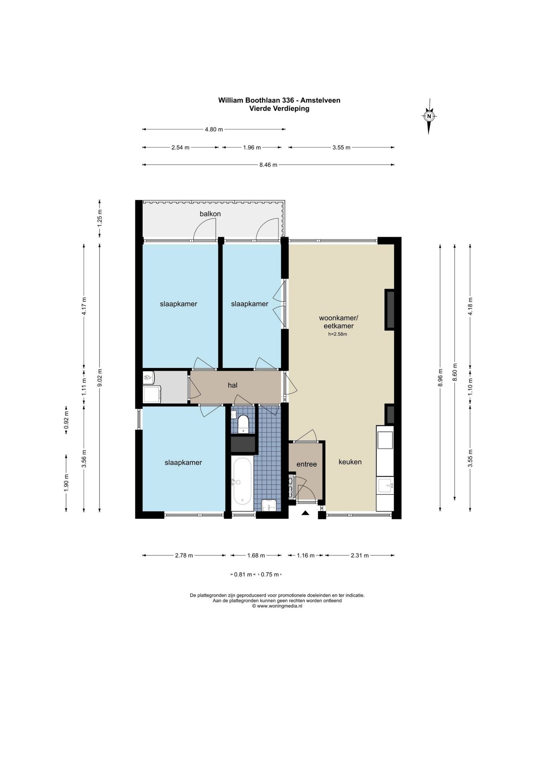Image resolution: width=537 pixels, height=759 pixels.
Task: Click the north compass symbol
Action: (x=429, y=116)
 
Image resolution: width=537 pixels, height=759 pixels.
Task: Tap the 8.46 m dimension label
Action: (x=268, y=165)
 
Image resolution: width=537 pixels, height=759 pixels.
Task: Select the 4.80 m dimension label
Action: (x=214, y=129)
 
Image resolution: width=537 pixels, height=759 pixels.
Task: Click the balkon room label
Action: (x=210, y=214)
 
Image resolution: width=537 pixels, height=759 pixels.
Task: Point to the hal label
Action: (x=233, y=385)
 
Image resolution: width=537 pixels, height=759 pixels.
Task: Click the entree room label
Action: (x=307, y=464)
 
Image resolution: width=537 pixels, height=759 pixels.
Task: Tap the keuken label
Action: (x=350, y=462)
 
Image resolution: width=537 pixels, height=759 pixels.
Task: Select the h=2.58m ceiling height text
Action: (x=337, y=334)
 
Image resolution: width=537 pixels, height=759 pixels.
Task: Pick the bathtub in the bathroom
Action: (x=242, y=483)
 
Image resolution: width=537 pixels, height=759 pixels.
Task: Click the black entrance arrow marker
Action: (x=305, y=513)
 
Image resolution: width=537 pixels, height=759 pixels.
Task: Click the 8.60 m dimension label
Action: (x=455, y=372)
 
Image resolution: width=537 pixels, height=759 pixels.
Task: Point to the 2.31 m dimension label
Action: (x=360, y=555)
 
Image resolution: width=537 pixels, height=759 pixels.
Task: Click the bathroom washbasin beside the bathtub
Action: (x=268, y=506)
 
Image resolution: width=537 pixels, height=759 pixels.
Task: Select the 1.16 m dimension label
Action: (x=305, y=555)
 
